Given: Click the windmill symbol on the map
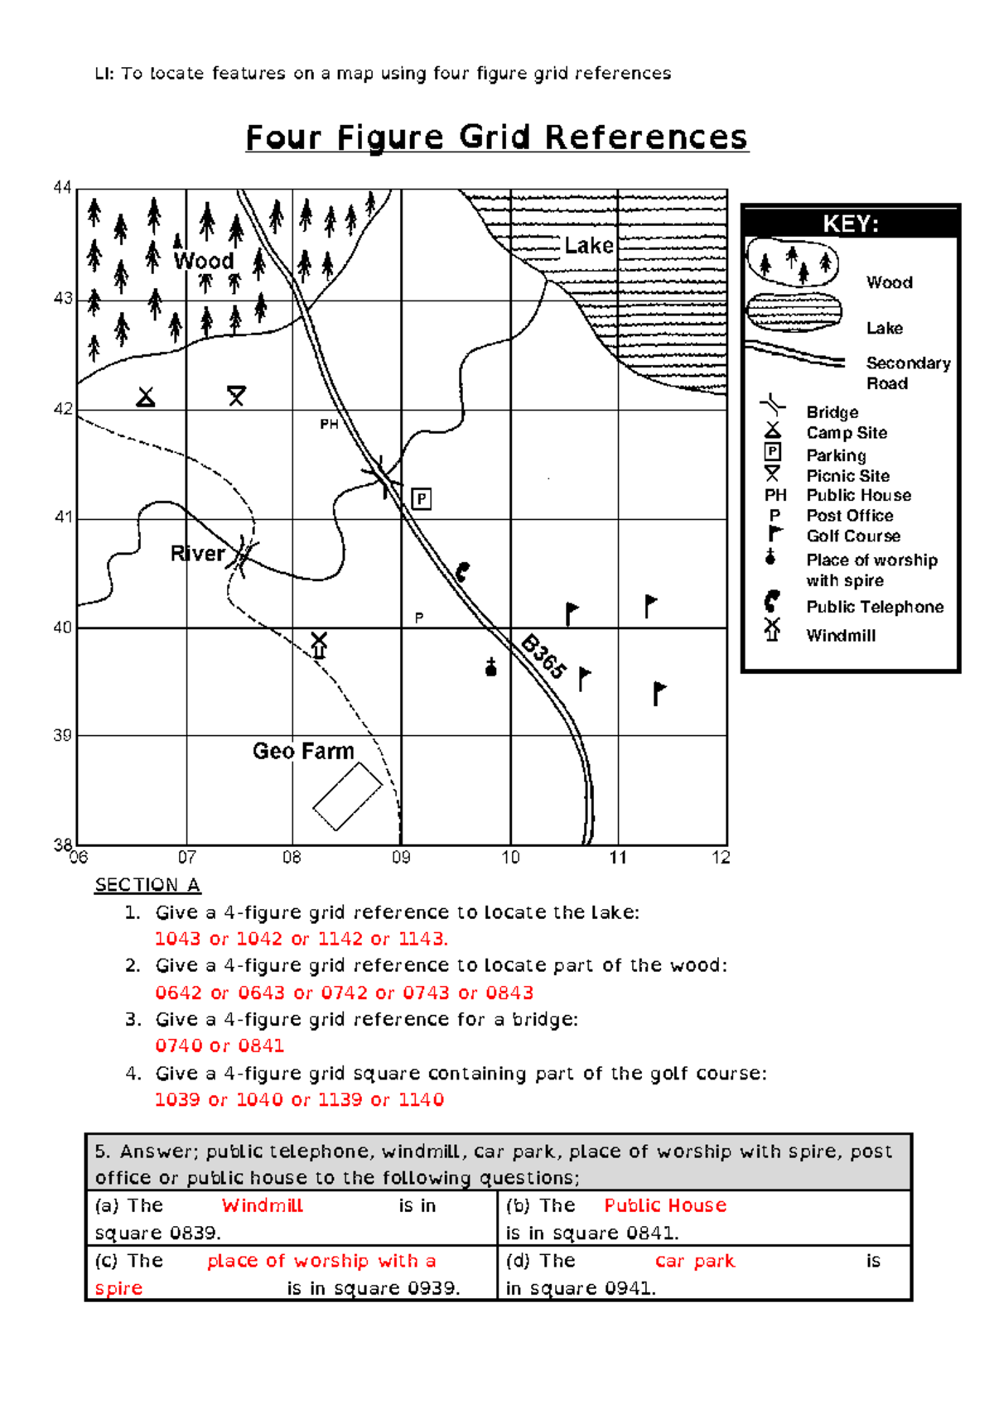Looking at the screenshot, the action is point(319,645).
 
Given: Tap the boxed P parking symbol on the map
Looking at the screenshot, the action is point(422,499).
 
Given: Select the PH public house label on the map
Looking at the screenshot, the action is point(329,425).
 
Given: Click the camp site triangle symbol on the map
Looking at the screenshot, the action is point(146,397).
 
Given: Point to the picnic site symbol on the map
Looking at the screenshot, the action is point(236,396).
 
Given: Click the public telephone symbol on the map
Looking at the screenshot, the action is point(462,572).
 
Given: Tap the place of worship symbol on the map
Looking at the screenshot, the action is point(491,667).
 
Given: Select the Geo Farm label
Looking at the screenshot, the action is point(303,751).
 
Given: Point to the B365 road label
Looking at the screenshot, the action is point(543,656).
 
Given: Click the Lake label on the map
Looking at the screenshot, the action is point(589,245).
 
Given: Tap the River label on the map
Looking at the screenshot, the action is point(197,554).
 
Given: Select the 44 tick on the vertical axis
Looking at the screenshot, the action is point(62,187).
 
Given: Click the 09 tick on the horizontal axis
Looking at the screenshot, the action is point(402,858).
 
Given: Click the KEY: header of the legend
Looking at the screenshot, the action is point(851,224).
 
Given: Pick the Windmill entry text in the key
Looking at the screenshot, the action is point(841,636).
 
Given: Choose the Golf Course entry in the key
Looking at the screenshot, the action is point(853,536).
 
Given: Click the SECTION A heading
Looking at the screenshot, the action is point(147,885).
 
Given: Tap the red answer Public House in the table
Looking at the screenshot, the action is point(665,1205).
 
